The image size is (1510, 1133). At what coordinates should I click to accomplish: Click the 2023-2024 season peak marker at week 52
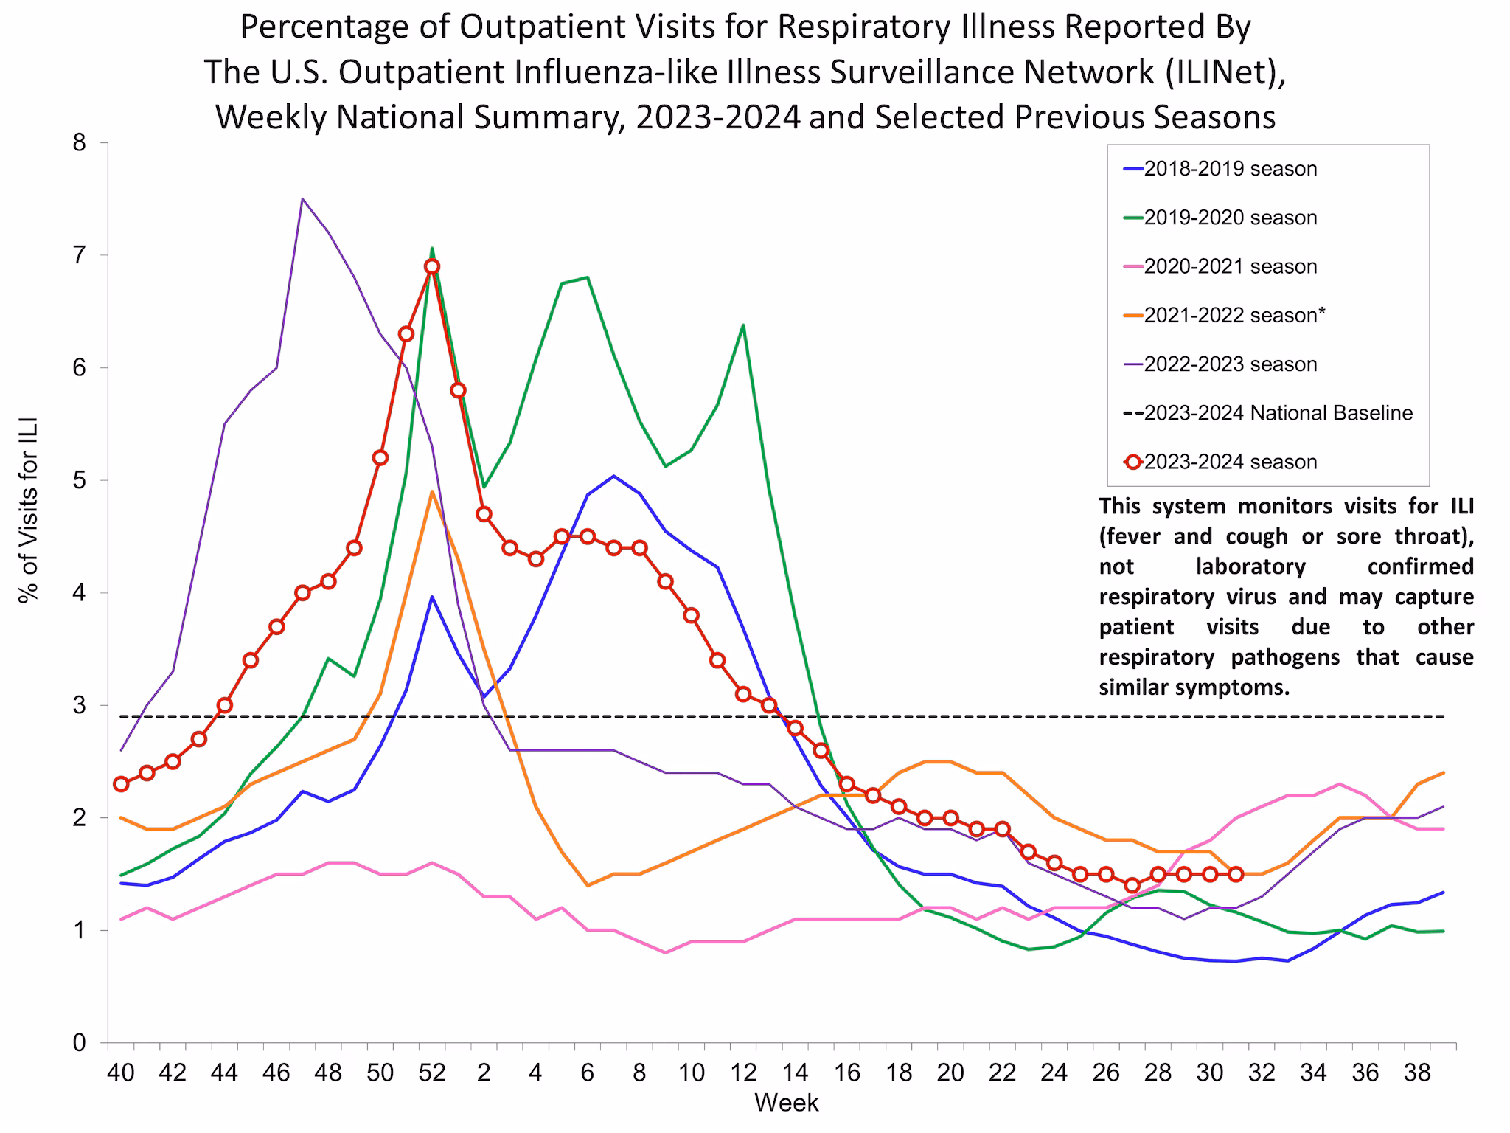pyautogui.click(x=432, y=266)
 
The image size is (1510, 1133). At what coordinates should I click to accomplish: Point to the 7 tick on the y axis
pyautogui.click(x=79, y=256)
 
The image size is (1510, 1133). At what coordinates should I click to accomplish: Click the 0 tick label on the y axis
pyautogui.click(x=79, y=1043)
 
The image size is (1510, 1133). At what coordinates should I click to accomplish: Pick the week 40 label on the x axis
pyautogui.click(x=121, y=1073)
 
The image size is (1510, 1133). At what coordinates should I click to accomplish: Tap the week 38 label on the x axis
pyautogui.click(x=1417, y=1073)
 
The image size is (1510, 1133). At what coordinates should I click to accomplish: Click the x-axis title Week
pyautogui.click(x=786, y=1103)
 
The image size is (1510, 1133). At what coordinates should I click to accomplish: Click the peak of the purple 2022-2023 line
pyautogui.click(x=302, y=199)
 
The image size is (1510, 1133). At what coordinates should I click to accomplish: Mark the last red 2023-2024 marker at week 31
pyautogui.click(x=1236, y=874)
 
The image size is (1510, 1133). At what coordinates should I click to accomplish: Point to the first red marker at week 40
pyautogui.click(x=121, y=784)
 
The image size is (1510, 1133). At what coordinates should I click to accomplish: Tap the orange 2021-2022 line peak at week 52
pyautogui.click(x=432, y=492)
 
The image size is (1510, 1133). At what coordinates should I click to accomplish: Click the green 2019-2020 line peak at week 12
pyautogui.click(x=742, y=325)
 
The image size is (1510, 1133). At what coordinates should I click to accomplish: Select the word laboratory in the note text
pyautogui.click(x=1251, y=566)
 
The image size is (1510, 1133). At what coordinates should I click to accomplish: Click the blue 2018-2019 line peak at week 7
pyautogui.click(x=613, y=476)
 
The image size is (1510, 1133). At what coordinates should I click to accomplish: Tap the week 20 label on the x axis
pyautogui.click(x=950, y=1073)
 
